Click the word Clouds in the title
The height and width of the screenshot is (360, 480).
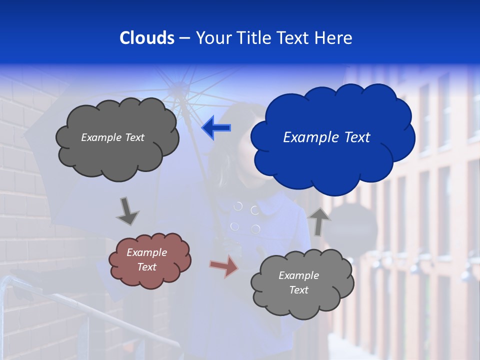click(146, 38)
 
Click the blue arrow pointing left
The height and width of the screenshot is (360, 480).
click(216, 128)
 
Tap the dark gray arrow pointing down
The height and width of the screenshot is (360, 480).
click(127, 211)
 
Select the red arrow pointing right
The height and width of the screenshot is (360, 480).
click(223, 266)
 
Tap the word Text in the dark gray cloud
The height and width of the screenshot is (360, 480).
click(133, 137)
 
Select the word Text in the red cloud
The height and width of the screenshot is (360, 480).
click(147, 267)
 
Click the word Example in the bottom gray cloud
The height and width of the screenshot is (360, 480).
click(298, 275)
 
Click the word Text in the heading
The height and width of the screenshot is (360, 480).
click(294, 38)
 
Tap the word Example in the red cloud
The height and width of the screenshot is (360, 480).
click(147, 252)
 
